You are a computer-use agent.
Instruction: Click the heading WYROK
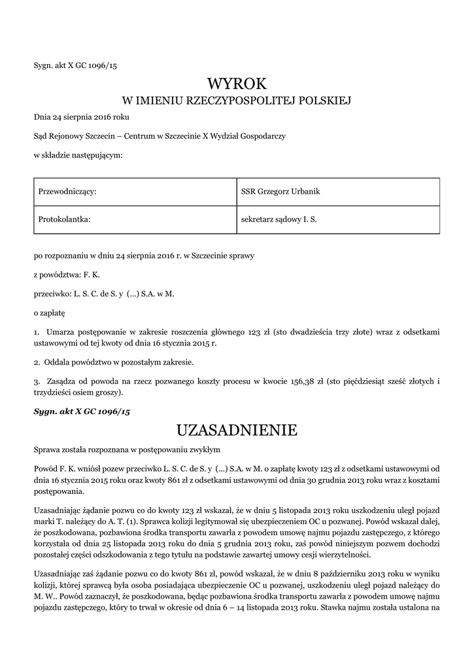pos(237,84)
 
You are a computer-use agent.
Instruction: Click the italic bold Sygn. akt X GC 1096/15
pos(82,411)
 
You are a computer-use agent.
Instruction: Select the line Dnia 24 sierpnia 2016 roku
pos(82,117)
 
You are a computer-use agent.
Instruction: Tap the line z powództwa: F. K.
pos(67,275)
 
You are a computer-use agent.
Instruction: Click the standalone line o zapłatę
pos(50,314)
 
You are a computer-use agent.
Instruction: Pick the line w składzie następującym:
pos(78,155)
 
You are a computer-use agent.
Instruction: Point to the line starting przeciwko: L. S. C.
pos(105,294)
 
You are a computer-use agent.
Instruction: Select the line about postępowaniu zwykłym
pos(127,450)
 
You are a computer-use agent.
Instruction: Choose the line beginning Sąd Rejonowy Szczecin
pos(160,136)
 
